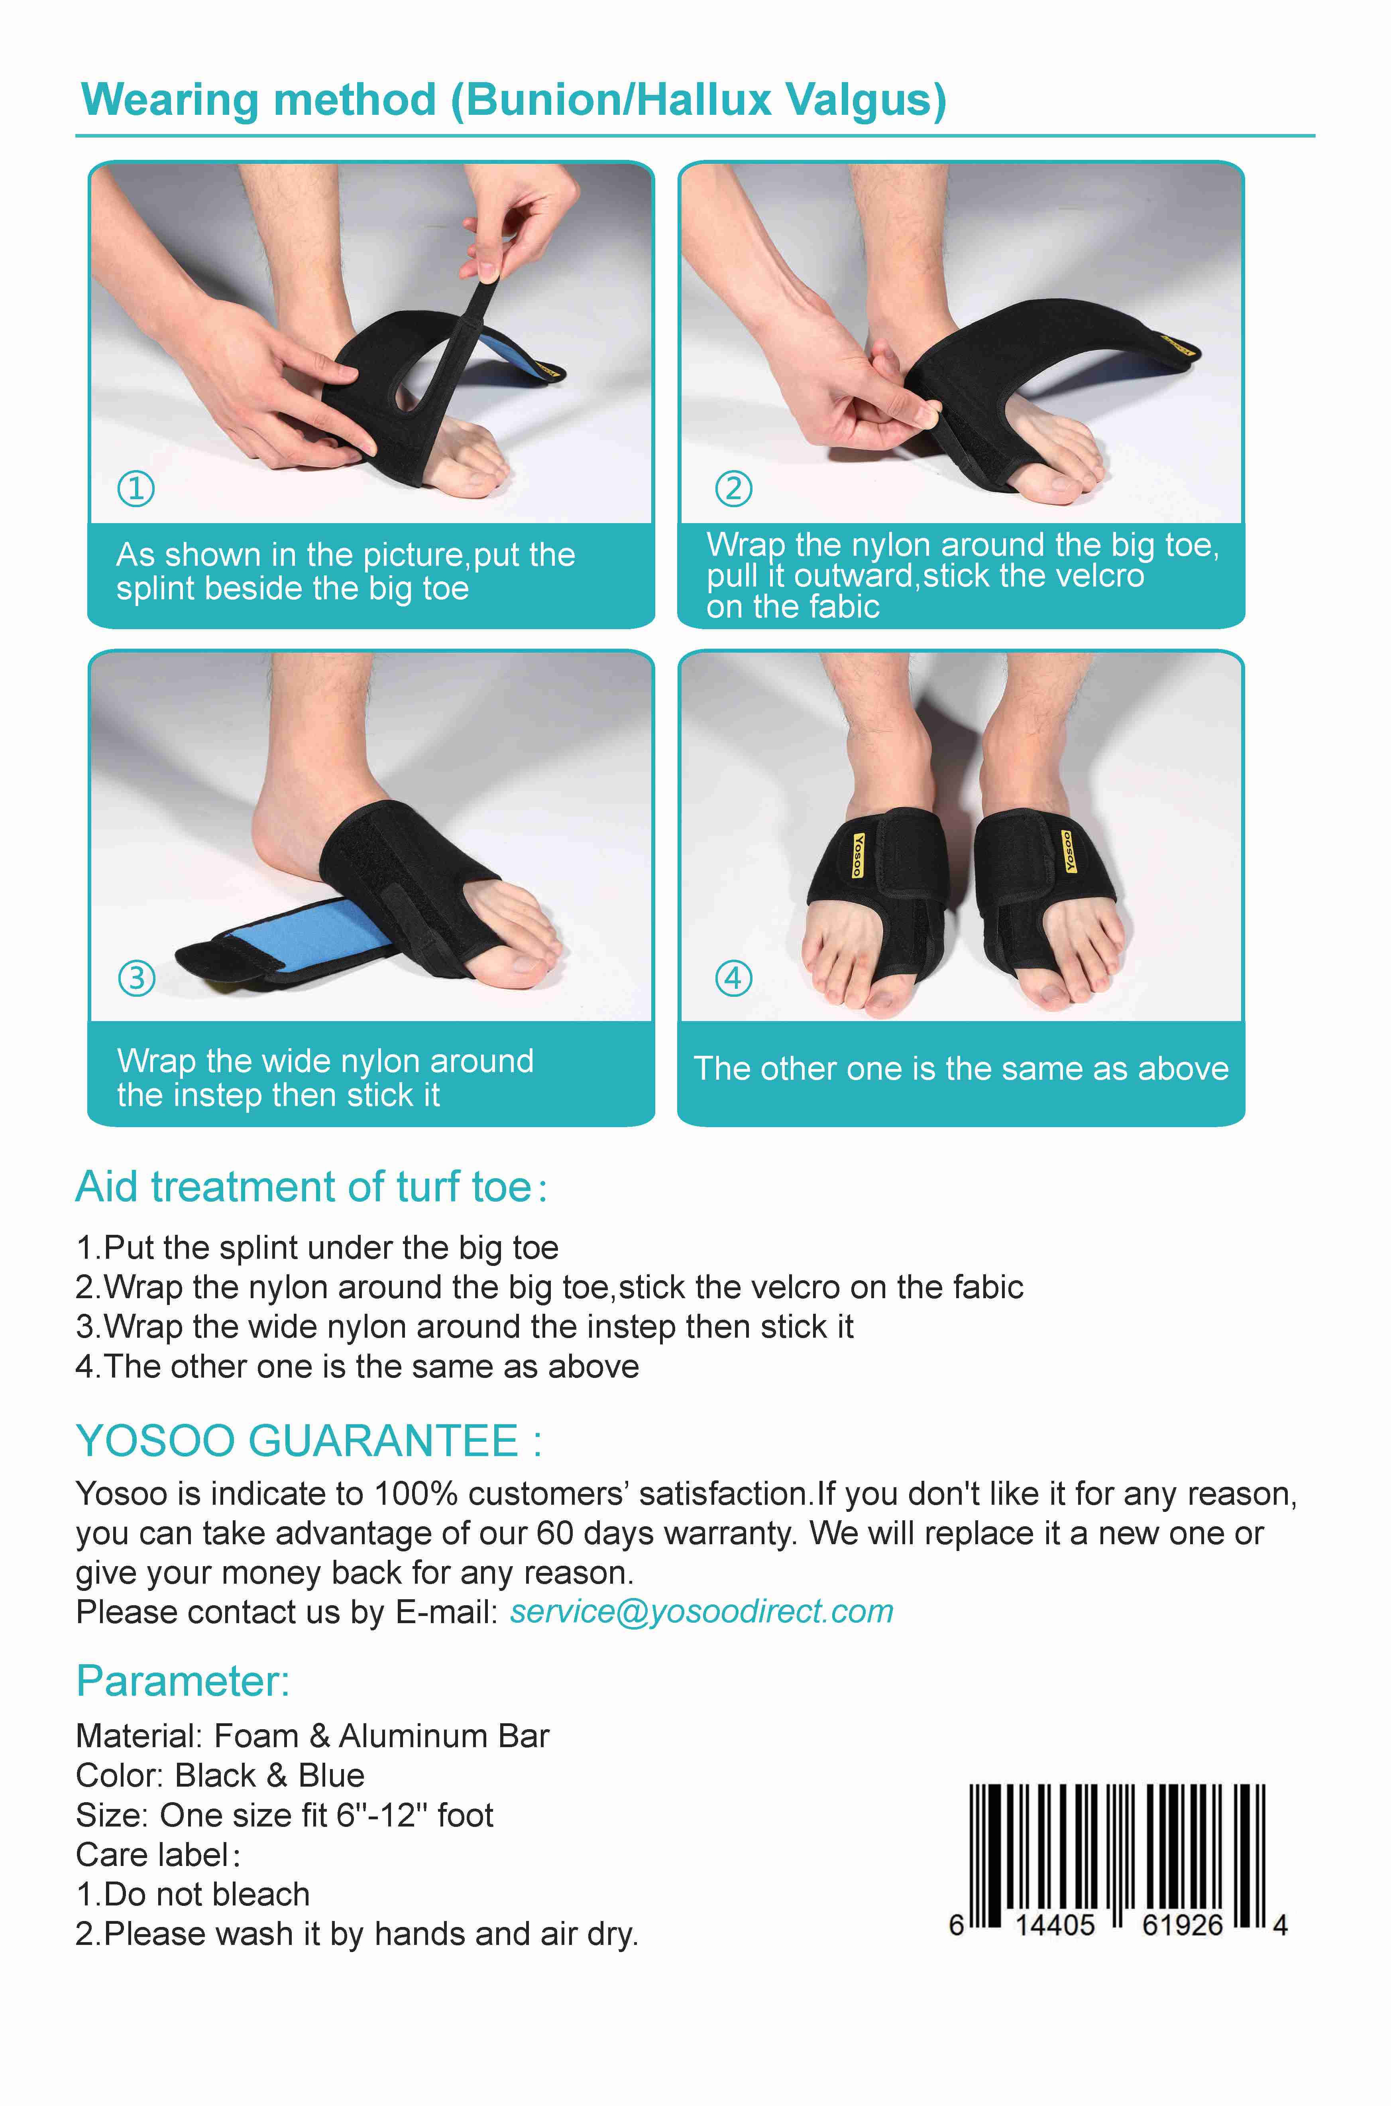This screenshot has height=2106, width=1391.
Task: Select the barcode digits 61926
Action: [1183, 1925]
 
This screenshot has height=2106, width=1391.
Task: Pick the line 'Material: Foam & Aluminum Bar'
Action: [312, 1736]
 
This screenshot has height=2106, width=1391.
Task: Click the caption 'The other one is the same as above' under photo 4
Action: [961, 1069]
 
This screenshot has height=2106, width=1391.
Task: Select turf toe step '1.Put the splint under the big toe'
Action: [318, 1248]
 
